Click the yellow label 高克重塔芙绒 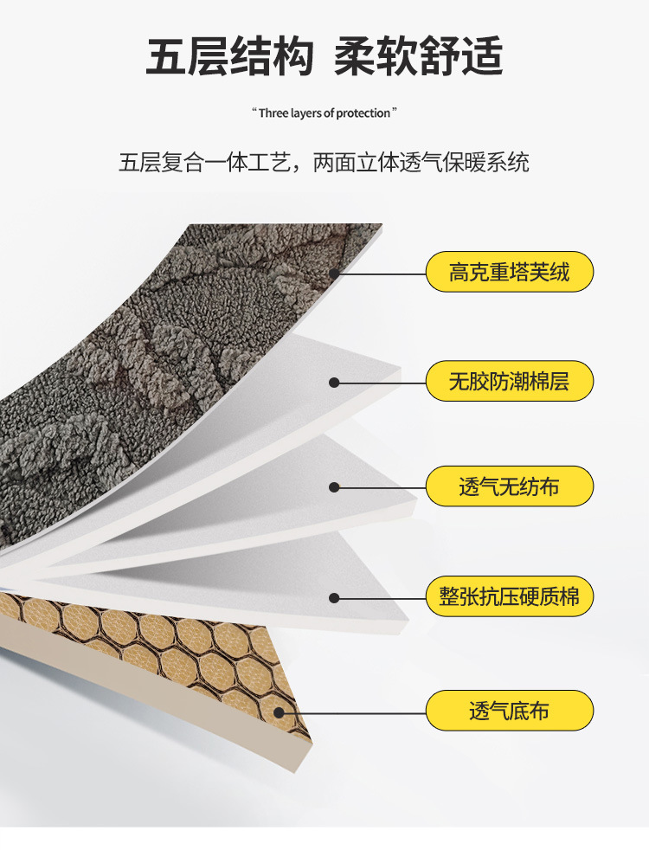coord(510,272)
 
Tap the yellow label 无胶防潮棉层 coord(510,381)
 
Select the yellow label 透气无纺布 coord(510,486)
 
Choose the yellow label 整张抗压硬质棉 coord(510,596)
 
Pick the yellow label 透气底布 coord(510,712)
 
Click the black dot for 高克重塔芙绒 coord(334,274)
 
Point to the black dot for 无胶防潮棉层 coord(334,382)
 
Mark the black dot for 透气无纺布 coord(334,487)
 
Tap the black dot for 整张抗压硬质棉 coord(334,596)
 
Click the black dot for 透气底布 coord(280,712)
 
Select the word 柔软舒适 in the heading coord(418,58)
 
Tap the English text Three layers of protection coord(324,113)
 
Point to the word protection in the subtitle coord(364,113)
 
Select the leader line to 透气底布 coord(355,712)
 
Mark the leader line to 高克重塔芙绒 coord(381,274)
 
